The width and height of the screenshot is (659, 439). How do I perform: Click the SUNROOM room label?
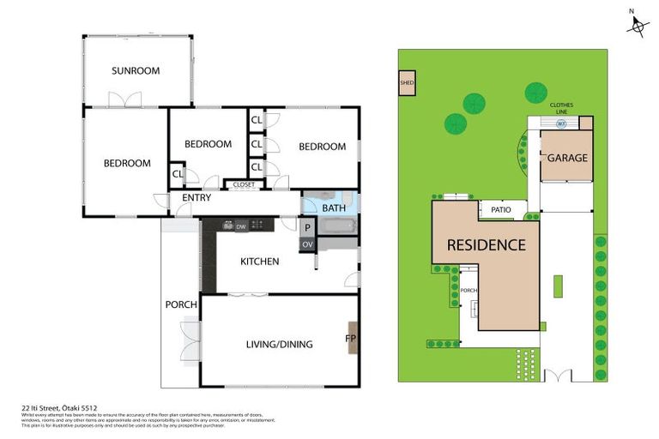136,71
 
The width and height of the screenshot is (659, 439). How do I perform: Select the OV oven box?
307,244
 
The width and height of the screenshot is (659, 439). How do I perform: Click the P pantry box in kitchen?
307,227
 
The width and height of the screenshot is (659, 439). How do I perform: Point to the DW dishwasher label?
241,226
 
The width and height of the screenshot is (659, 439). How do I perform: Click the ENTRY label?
196,198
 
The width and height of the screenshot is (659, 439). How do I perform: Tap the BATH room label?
333,207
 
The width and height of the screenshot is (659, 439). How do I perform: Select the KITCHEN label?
259,261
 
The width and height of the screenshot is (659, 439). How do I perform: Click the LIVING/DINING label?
279,345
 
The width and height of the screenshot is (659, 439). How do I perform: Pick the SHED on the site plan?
407,83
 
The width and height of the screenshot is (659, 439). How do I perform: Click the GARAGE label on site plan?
567,158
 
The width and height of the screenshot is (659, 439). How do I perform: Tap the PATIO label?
501,209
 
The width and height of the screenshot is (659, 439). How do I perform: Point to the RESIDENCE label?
486,245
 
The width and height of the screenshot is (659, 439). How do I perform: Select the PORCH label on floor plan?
181,304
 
